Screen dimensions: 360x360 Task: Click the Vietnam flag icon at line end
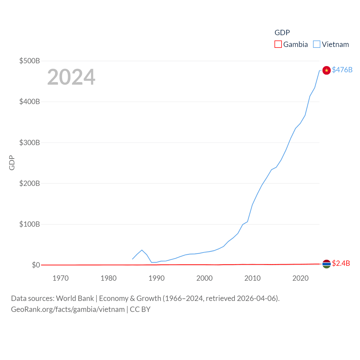pyautogui.click(x=326, y=70)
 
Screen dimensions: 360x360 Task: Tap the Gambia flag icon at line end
pyautogui.click(x=326, y=264)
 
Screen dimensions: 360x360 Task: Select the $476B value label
pyautogui.click(x=342, y=70)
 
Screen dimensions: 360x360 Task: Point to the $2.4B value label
pyautogui.click(x=341, y=263)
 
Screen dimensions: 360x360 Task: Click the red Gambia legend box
pyautogui.click(x=278, y=44)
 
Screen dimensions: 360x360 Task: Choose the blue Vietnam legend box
pyautogui.click(x=317, y=44)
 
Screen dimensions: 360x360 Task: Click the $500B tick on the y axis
pyautogui.click(x=30, y=61)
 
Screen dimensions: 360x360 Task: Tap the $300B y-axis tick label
pyautogui.click(x=30, y=143)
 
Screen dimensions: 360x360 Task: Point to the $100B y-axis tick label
pyautogui.click(x=30, y=224)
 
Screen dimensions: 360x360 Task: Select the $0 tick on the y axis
pyautogui.click(x=36, y=265)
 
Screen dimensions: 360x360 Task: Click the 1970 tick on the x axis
pyautogui.click(x=60, y=278)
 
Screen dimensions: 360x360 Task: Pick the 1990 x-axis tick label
pyautogui.click(x=156, y=278)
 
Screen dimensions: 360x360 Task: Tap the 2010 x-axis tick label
pyautogui.click(x=252, y=278)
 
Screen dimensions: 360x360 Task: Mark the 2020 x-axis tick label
pyautogui.click(x=300, y=278)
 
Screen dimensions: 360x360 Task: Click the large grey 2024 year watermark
pyautogui.click(x=71, y=77)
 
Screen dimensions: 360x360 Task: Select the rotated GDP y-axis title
pyautogui.click(x=12, y=163)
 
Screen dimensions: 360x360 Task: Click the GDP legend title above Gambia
pyautogui.click(x=282, y=33)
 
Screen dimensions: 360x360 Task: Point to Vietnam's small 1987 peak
pyautogui.click(x=142, y=250)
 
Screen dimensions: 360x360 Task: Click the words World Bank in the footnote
pyautogui.click(x=75, y=298)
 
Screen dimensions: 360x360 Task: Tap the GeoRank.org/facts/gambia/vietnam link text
pyautogui.click(x=68, y=309)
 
